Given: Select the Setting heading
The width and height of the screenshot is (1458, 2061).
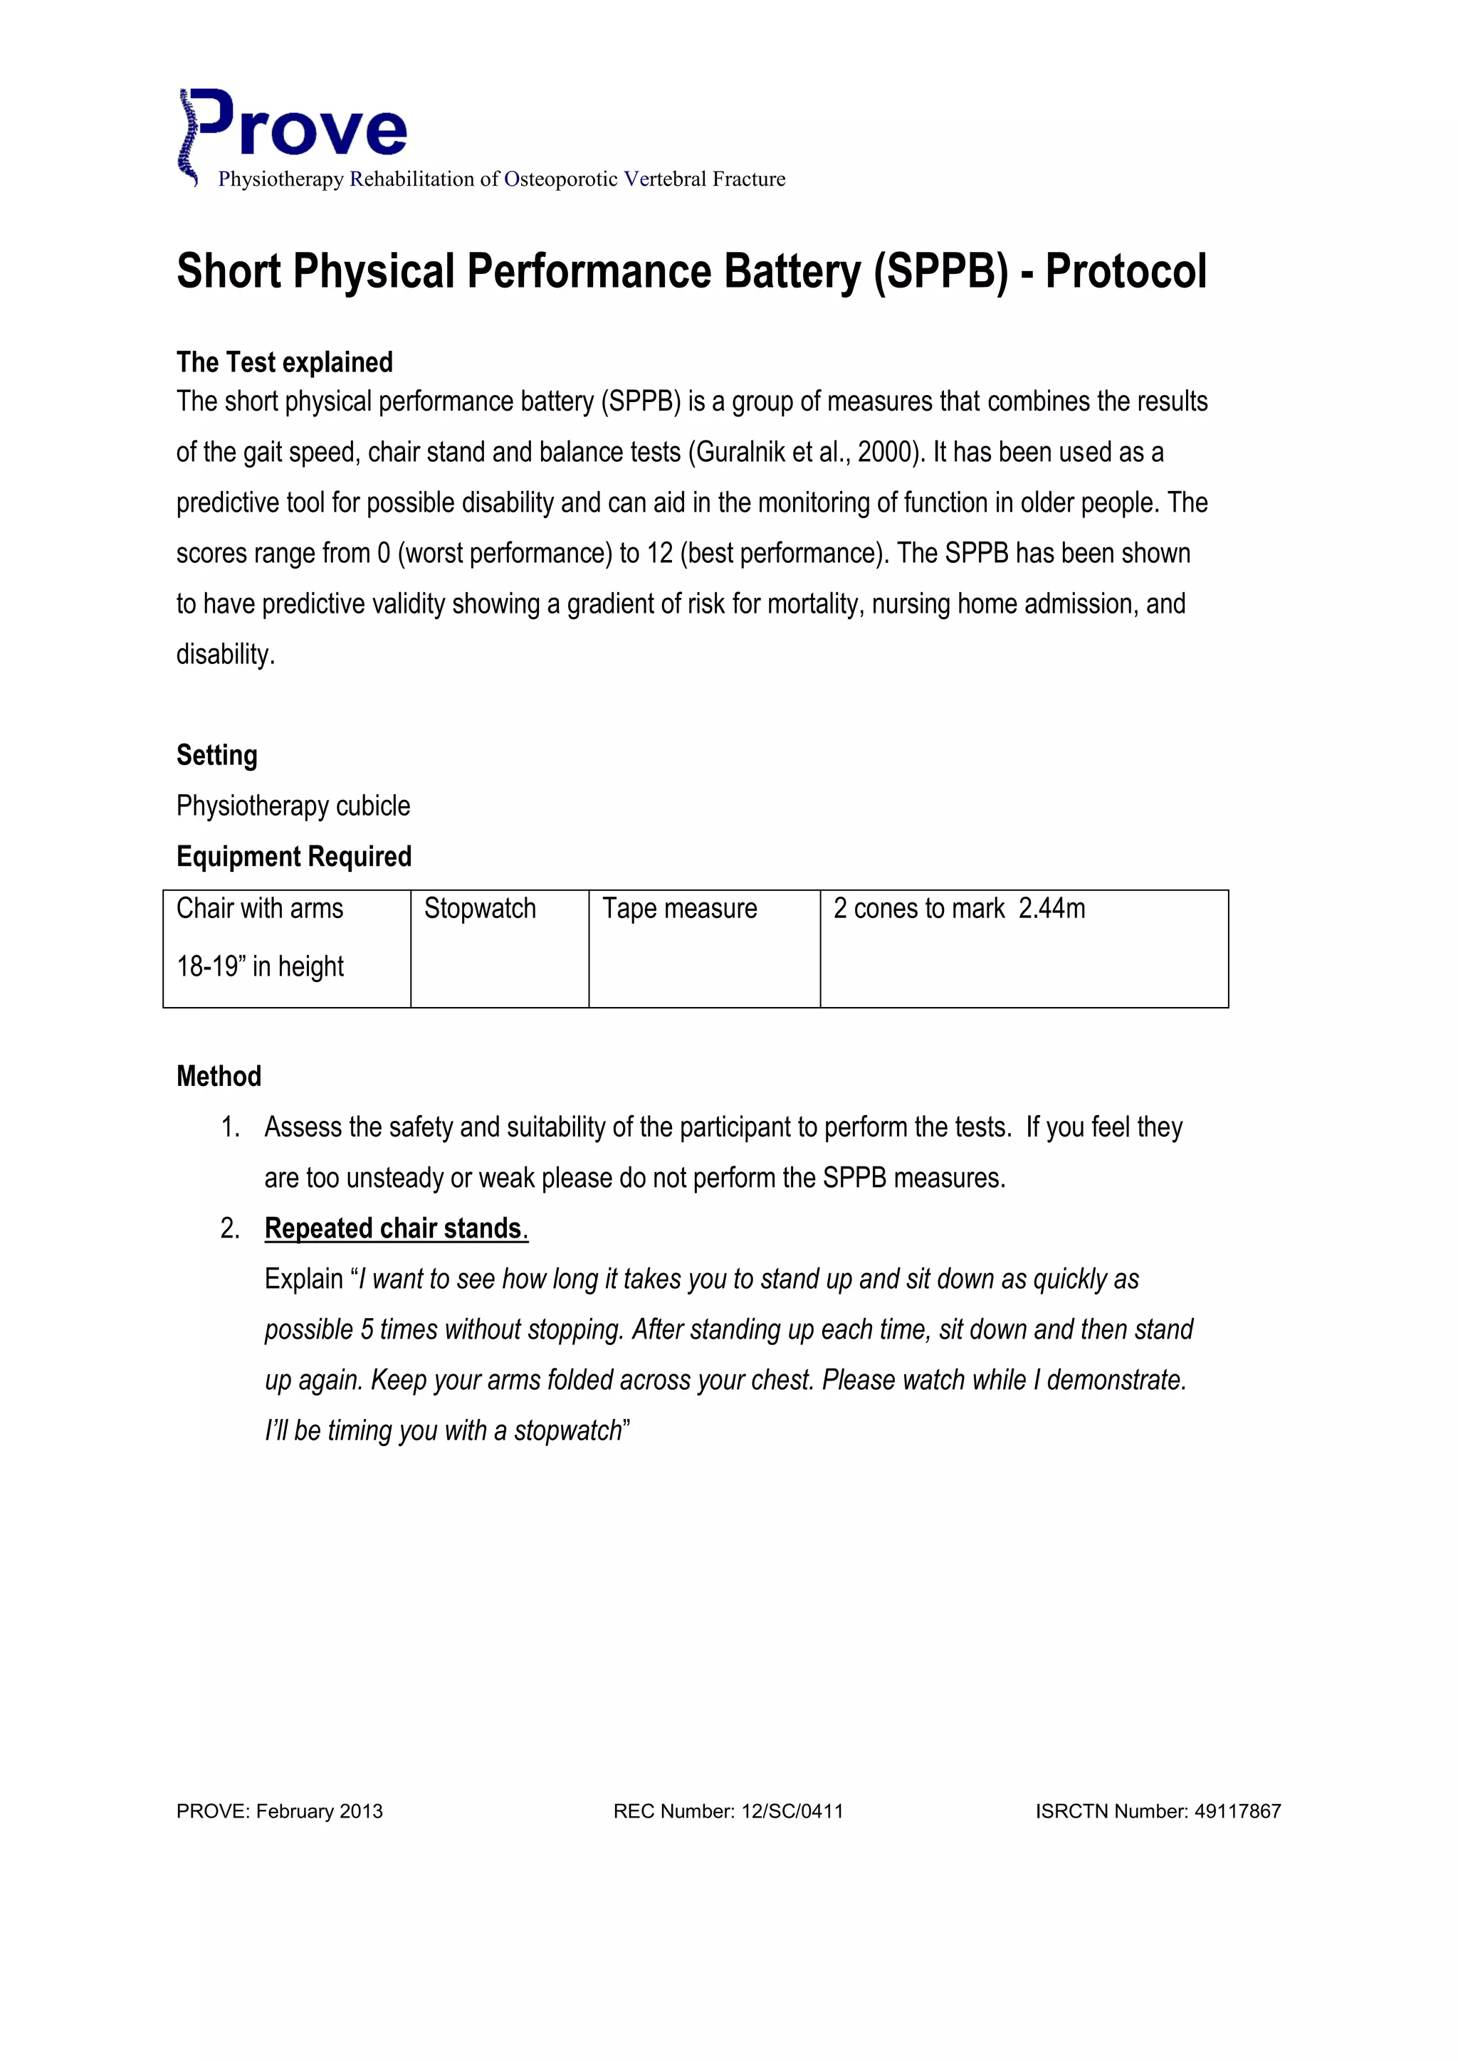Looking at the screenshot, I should [216, 755].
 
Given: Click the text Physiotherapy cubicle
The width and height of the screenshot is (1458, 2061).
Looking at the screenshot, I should [293, 806].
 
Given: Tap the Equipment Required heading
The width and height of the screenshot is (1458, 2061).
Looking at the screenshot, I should [293, 856].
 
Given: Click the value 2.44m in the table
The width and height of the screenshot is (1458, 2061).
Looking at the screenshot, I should [1051, 908].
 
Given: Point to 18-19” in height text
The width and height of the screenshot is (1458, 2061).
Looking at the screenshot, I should [261, 966].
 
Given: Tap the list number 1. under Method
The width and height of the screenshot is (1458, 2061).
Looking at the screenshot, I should [230, 1127].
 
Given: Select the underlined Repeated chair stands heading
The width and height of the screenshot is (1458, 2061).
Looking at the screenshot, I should [396, 1228].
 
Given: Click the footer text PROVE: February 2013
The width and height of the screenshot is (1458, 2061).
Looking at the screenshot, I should [279, 1811].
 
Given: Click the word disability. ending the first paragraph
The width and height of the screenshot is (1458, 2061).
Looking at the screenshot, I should [226, 655].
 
